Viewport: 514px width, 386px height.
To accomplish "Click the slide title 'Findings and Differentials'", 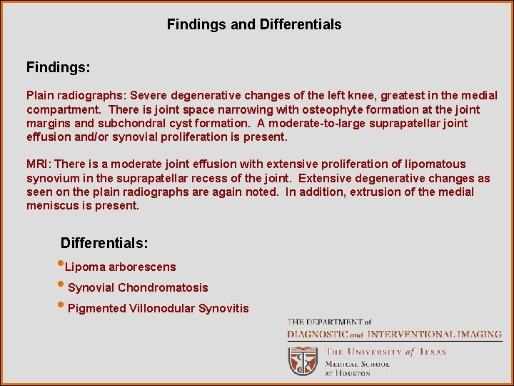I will (254, 24).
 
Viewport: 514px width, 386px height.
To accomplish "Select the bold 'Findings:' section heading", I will (59, 68).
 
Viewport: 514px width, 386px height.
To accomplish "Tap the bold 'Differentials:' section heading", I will (104, 243).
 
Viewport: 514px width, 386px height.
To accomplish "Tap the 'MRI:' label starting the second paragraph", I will (38, 164).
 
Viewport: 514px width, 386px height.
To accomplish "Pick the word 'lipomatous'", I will (433, 164).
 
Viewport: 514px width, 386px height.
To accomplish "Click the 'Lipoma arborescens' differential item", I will (120, 267).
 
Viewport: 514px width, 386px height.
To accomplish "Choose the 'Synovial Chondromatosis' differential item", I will (138, 287).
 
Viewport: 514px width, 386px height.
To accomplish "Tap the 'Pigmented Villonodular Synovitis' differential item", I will (158, 308).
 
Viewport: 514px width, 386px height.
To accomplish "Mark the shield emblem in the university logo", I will (302, 360).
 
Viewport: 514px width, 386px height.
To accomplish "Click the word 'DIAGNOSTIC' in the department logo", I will (317, 334).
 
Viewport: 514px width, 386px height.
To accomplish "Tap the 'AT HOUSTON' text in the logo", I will (348, 373).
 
